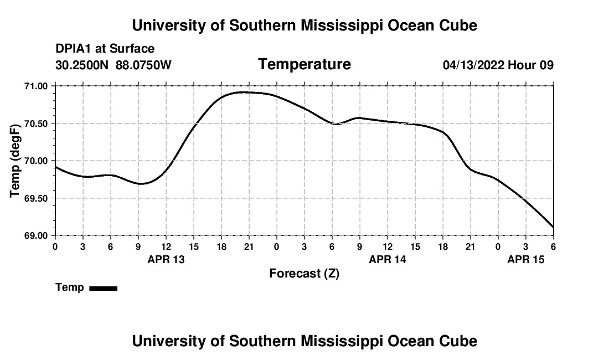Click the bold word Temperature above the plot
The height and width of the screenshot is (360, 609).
(x=304, y=64)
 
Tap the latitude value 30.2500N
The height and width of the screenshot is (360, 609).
(x=82, y=65)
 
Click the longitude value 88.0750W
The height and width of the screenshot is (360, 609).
(x=143, y=65)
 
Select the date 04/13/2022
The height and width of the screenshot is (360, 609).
(x=473, y=65)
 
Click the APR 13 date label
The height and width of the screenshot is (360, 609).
(x=166, y=259)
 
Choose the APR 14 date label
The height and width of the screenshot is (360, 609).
(x=388, y=259)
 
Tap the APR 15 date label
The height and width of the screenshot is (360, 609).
(x=526, y=259)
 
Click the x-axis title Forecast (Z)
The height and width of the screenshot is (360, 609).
(x=304, y=274)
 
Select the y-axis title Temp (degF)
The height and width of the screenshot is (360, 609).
(x=15, y=161)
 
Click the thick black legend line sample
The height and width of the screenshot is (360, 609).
(x=103, y=288)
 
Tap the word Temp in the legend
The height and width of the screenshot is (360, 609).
(x=70, y=287)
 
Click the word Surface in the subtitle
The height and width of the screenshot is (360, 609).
(x=132, y=49)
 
